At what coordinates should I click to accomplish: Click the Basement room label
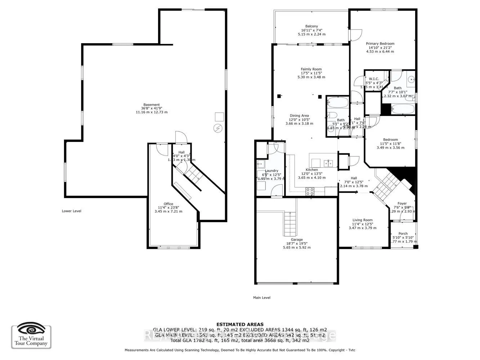coord(151,105)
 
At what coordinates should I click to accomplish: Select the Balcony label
coord(311,26)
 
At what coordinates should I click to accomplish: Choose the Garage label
coord(297,239)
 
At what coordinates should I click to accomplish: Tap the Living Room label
coord(362,220)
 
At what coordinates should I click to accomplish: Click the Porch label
coord(403,234)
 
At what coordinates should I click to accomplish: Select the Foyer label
coord(402,204)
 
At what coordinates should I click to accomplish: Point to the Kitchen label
coord(311,170)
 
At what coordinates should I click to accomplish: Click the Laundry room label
coord(272,171)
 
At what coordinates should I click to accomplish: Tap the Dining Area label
coord(299,116)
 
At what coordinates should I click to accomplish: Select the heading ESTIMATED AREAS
coord(239,324)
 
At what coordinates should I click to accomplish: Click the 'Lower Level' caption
coord(71,211)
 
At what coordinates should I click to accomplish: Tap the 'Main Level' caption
coord(261,298)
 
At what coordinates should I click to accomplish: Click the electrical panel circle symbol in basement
coord(218,128)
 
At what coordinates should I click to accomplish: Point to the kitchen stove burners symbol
coord(310,192)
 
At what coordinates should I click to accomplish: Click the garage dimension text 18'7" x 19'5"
coord(297,244)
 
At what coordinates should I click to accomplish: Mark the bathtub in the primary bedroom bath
coord(403,108)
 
